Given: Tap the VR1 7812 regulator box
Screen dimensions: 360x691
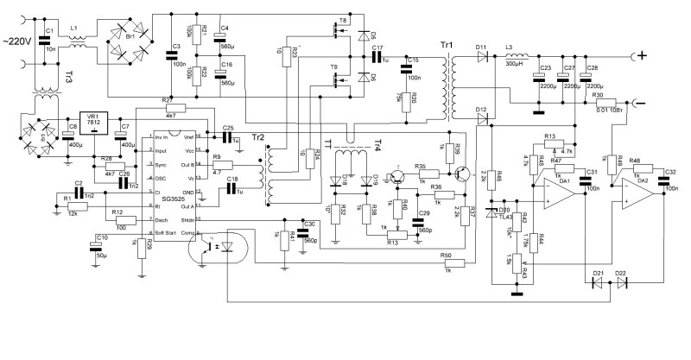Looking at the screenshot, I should click(x=92, y=123).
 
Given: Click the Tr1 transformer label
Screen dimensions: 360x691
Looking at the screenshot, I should click(x=446, y=45).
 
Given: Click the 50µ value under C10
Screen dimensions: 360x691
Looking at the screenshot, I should click(x=102, y=256).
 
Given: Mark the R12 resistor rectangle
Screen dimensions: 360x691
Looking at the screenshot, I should click(x=118, y=220).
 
